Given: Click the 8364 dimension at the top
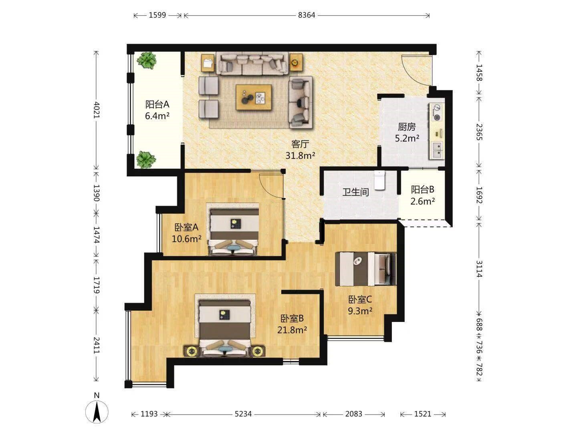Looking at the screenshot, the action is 306,15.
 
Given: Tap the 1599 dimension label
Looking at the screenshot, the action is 157,15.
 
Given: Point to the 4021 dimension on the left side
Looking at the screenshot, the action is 97,110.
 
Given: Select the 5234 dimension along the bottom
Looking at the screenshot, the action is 243,414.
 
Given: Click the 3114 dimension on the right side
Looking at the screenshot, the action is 479,269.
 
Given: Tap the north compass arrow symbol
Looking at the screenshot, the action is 97,412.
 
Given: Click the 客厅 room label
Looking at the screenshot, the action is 300,144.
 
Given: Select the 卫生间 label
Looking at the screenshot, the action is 355,192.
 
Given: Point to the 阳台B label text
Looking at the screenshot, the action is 422,189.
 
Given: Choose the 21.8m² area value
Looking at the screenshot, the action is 292,330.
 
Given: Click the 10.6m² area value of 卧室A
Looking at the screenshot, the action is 186,239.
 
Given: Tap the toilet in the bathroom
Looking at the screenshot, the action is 379,180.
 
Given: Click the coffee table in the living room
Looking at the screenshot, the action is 254,97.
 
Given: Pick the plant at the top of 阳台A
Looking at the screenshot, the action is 146,60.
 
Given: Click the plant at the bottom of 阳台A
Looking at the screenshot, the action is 146,159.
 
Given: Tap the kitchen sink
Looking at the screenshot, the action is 437,150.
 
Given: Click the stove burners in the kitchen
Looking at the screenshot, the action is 437,112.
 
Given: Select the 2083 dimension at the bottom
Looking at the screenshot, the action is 353,414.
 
